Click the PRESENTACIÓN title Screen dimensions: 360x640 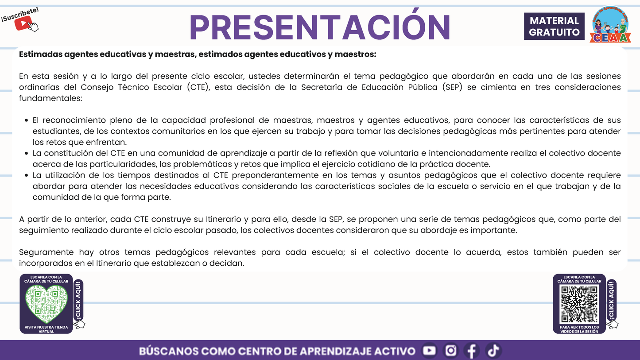click(x=320, y=27)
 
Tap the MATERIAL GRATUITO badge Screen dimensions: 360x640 click(x=554, y=27)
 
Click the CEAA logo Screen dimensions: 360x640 click(x=611, y=25)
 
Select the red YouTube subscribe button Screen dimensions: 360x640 click(x=22, y=23)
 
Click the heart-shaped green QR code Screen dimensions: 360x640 click(x=46, y=304)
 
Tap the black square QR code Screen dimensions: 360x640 click(x=579, y=304)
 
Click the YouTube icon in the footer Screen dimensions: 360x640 click(x=429, y=351)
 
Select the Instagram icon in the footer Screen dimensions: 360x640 click(x=451, y=351)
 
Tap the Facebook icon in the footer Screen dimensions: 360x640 click(x=472, y=351)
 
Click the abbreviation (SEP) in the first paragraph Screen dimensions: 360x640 click(x=453, y=87)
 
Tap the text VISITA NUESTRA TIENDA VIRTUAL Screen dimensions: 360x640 click(x=46, y=329)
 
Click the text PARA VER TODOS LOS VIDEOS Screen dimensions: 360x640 click(x=579, y=329)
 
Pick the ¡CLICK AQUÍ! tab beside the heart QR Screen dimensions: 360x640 click(x=78, y=300)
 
